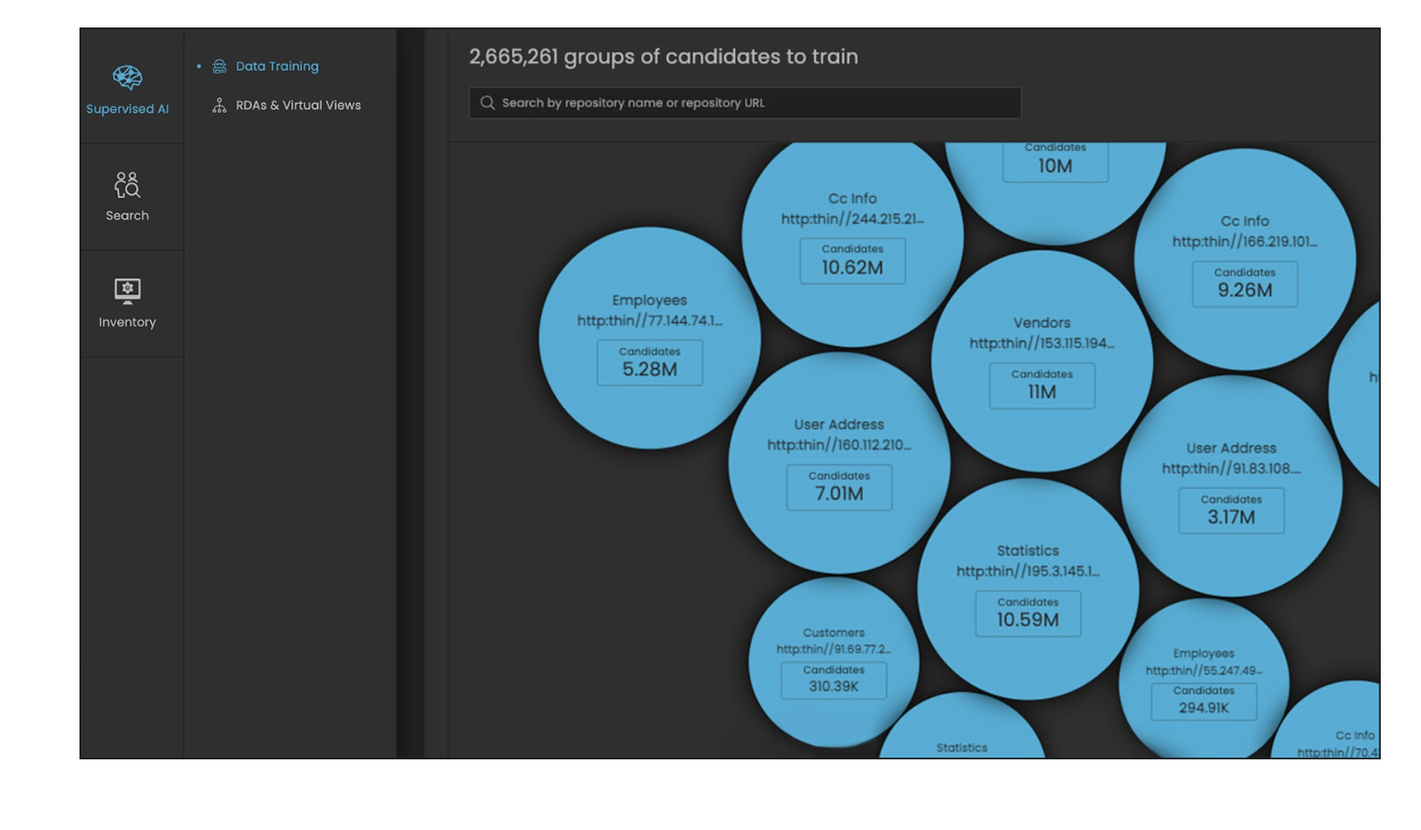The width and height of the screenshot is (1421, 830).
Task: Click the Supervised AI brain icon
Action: point(128,77)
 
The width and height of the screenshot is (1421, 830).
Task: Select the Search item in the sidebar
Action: point(128,196)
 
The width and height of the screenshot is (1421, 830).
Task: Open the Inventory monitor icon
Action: point(128,290)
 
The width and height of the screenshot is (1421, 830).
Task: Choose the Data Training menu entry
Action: point(277,67)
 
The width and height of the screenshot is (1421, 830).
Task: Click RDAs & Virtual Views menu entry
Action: point(297,105)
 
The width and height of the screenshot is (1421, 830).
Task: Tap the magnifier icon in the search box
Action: point(488,103)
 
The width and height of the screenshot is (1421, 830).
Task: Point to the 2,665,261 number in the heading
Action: point(513,57)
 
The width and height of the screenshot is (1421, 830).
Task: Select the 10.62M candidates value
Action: point(852,267)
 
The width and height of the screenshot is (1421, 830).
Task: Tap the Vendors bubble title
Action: point(1041,323)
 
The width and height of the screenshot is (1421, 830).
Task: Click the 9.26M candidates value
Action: point(1244,290)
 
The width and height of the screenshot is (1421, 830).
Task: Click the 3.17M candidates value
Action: point(1231,517)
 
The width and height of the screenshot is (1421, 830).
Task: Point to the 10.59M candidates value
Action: point(1027,620)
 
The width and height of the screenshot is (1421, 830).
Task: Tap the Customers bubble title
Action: point(833,633)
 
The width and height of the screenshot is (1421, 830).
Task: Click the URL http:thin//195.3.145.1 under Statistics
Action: point(1027,571)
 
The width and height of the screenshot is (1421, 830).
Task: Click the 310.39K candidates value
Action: point(833,687)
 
